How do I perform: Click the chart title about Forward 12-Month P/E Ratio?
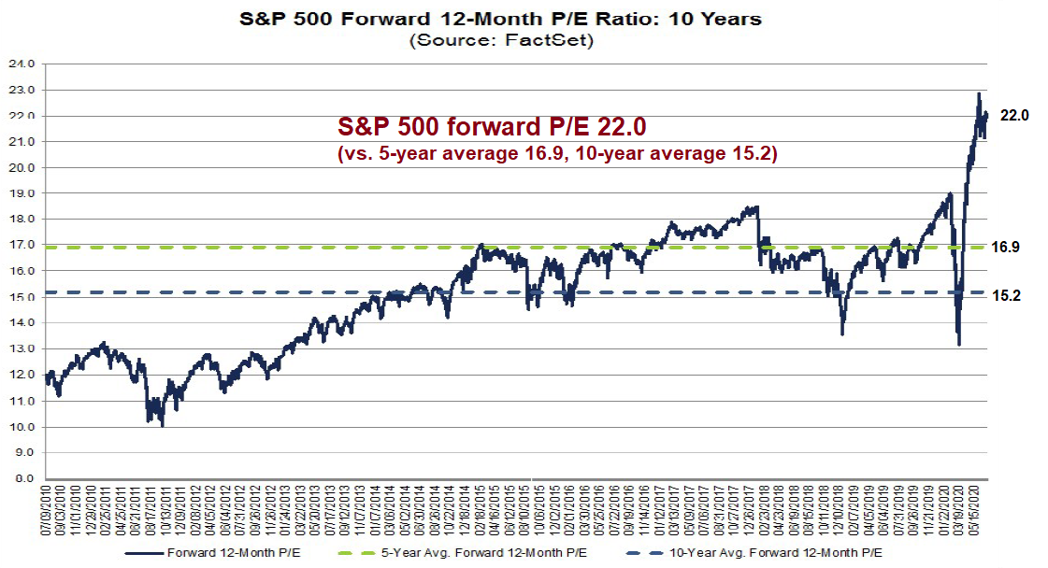click(x=502, y=18)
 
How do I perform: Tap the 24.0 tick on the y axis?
click(x=23, y=64)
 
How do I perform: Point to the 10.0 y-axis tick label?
click(x=23, y=427)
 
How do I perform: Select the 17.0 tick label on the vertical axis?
click(x=23, y=246)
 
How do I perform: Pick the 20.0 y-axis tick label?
click(x=23, y=168)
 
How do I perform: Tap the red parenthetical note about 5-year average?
click(x=557, y=154)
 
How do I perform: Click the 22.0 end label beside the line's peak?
click(x=1014, y=116)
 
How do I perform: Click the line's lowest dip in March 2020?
click(x=958, y=345)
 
